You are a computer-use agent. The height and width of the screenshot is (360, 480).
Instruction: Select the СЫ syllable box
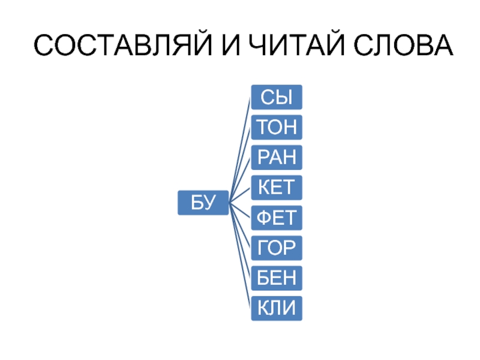[x=277, y=97]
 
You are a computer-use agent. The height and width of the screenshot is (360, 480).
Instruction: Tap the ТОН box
[x=277, y=127]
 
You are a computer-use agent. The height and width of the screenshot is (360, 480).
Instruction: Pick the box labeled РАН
[x=277, y=157]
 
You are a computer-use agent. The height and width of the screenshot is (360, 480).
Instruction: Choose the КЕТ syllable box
[x=277, y=187]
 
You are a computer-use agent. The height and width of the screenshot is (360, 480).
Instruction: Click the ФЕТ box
[x=277, y=218]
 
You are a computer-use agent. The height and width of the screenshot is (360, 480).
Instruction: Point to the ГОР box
[x=277, y=248]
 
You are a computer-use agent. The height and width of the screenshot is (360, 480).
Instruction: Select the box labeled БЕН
[x=277, y=278]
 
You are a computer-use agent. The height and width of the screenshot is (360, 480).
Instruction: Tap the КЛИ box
[x=277, y=308]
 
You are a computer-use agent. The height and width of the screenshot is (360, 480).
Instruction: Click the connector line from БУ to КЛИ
[x=239, y=258]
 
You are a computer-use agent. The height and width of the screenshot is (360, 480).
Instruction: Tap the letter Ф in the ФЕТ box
[x=265, y=218]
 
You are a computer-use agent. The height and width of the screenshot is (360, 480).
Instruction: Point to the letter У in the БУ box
[x=209, y=203]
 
